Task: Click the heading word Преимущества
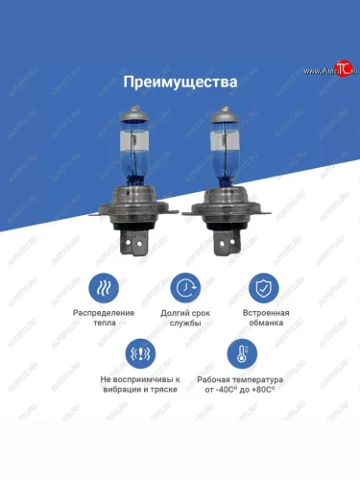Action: [180, 83]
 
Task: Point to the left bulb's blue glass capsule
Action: [134, 152]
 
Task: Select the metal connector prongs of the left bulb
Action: [132, 242]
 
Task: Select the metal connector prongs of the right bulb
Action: [226, 242]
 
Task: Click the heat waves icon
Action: [104, 288]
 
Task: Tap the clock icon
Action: [185, 288]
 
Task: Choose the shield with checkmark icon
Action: [264, 288]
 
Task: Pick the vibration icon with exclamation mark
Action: [140, 354]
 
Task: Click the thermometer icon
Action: [242, 354]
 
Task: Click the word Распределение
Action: [104, 313]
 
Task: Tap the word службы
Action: [185, 323]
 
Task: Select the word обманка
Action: [266, 323]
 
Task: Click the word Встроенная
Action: [266, 313]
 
